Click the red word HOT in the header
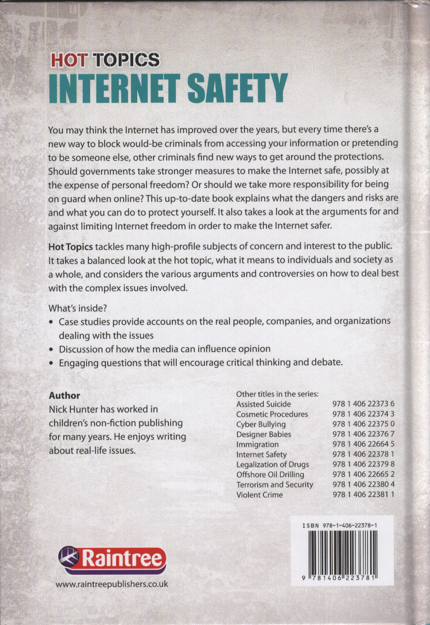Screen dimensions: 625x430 pos(69,60)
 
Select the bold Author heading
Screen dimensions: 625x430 pos(64,396)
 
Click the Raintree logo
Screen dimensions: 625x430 pos(113,559)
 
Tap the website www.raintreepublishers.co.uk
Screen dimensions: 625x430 pos(112,584)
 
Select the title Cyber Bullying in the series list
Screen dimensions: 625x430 pos(261,424)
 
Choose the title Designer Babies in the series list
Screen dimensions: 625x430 pos(263,434)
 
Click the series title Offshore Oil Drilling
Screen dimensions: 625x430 pos(270,475)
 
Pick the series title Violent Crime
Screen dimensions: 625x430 pos(259,495)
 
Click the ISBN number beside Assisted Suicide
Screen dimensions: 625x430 pos(363,404)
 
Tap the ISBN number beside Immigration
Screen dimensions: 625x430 pos(363,444)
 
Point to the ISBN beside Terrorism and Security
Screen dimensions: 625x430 pos(363,485)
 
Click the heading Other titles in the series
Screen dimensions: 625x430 pos(277,394)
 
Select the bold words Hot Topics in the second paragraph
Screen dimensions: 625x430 pos(70,247)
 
